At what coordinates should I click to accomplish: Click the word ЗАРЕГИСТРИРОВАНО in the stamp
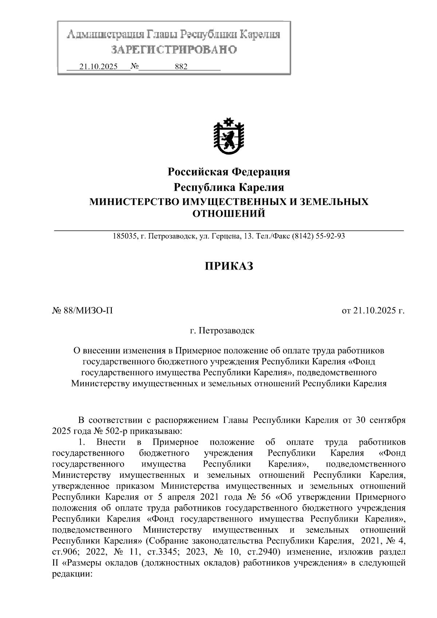click(x=174, y=50)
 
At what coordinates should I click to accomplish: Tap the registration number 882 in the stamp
click(x=181, y=67)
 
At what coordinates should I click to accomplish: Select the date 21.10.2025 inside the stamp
click(x=98, y=67)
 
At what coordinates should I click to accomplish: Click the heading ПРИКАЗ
click(x=228, y=266)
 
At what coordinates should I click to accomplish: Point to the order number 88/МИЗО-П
click(x=88, y=311)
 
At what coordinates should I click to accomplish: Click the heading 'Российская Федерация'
click(x=229, y=172)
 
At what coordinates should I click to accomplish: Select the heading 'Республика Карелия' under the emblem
click(x=229, y=188)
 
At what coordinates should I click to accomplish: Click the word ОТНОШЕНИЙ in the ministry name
click(x=229, y=213)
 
